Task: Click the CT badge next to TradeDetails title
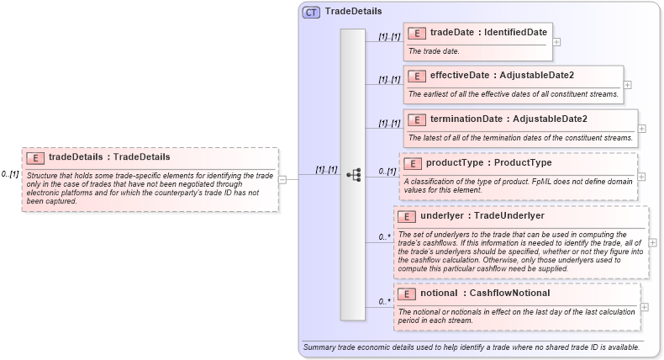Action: pos(311,12)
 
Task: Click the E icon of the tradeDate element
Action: pos(416,33)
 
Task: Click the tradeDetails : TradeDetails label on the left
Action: pos(109,156)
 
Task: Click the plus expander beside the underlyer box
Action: pos(653,242)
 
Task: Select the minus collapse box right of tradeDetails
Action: pos(282,178)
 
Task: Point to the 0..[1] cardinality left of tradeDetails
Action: pos(10,174)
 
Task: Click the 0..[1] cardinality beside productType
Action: pos(387,172)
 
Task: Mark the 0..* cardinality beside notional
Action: pos(385,301)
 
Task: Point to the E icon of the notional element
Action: pos(407,294)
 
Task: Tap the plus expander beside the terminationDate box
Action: pos(642,129)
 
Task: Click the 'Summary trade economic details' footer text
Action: pos(471,347)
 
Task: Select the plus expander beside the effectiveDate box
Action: pos(628,85)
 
